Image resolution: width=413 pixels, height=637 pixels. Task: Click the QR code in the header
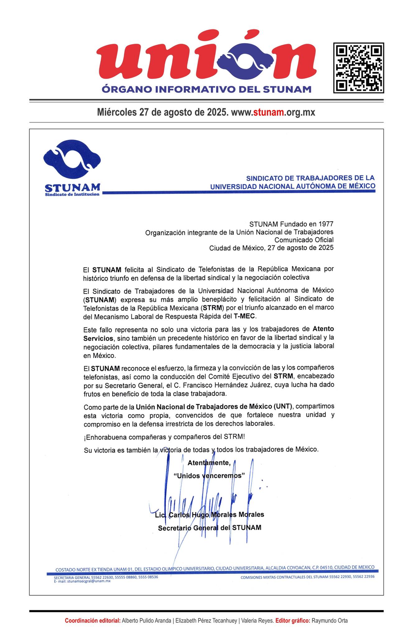click(x=358, y=68)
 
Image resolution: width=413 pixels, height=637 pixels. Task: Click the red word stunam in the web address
click(x=268, y=112)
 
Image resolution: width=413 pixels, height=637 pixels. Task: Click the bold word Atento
click(x=323, y=329)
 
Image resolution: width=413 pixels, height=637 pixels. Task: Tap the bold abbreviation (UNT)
click(x=283, y=407)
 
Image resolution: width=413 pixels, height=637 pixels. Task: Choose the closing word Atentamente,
click(x=209, y=463)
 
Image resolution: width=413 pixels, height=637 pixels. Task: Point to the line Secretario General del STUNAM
click(x=210, y=528)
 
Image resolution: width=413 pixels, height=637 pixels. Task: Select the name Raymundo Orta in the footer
click(x=330, y=621)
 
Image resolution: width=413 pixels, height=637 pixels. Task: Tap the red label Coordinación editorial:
click(x=93, y=621)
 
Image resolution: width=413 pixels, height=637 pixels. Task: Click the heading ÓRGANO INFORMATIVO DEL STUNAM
click(x=206, y=89)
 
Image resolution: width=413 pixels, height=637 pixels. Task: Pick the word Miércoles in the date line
click(x=117, y=112)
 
